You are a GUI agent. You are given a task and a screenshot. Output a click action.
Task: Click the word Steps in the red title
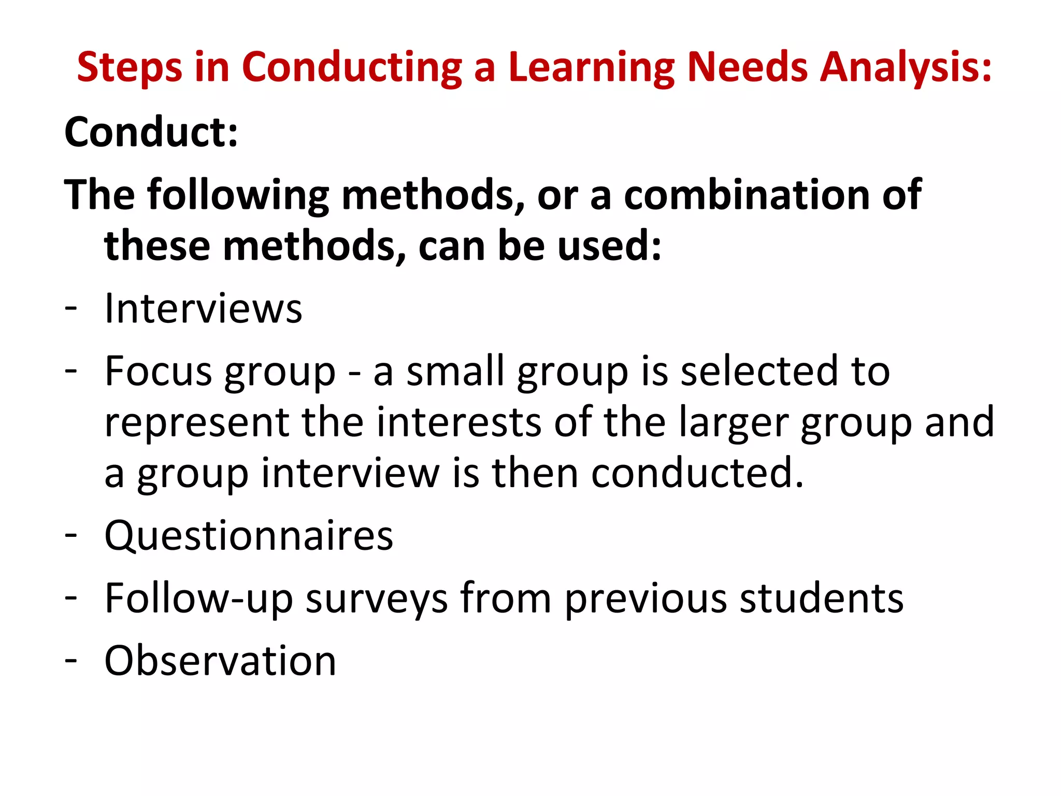(130, 67)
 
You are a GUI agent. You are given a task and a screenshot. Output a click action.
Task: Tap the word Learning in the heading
(591, 67)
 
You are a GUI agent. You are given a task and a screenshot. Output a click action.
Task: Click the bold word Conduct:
(151, 132)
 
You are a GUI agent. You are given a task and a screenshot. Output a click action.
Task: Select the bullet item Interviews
(203, 309)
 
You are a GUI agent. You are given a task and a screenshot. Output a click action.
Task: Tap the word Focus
(159, 371)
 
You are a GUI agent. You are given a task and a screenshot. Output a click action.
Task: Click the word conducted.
(697, 473)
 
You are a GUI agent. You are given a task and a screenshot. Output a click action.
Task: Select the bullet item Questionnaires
(249, 536)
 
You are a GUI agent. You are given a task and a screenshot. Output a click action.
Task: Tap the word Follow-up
(199, 599)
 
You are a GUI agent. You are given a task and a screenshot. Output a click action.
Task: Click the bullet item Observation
(220, 661)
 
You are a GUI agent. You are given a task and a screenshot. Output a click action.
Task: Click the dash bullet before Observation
(71, 660)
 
